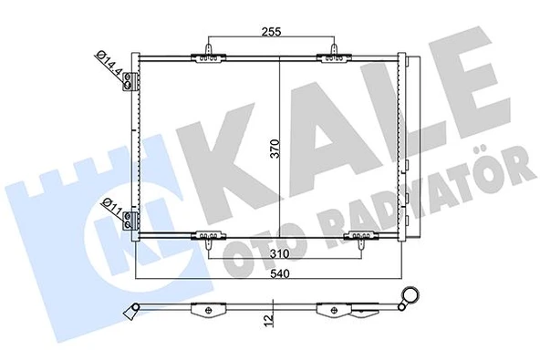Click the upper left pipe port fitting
point(132,82)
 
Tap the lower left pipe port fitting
point(133,220)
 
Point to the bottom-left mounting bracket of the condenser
point(208,238)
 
